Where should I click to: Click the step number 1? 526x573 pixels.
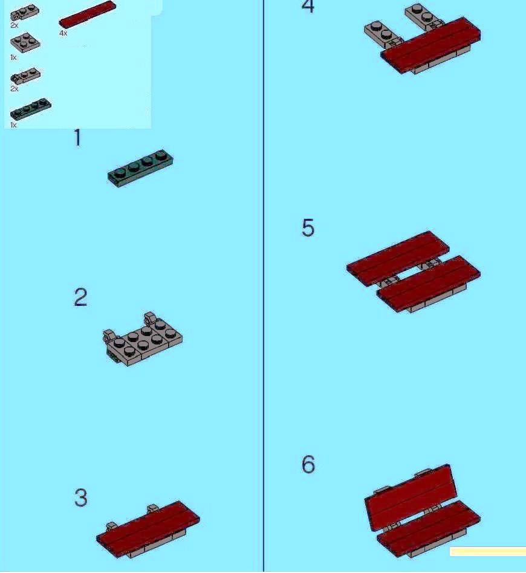click(x=77, y=138)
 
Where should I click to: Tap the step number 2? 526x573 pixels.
click(x=80, y=297)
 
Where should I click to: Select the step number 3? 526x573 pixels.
click(x=81, y=497)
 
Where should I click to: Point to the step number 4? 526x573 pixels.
click(x=308, y=6)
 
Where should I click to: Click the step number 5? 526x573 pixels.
click(x=308, y=228)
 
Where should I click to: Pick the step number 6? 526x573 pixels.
click(x=308, y=464)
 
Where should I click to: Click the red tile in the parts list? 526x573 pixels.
click(x=88, y=15)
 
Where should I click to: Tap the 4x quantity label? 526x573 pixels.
click(x=63, y=33)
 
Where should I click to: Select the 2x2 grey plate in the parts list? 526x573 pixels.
click(x=25, y=43)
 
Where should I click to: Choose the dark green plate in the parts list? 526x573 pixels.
click(x=31, y=109)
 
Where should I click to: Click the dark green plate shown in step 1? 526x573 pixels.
click(x=140, y=169)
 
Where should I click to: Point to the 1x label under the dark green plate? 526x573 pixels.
click(x=13, y=125)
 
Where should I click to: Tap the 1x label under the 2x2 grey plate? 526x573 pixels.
click(x=13, y=57)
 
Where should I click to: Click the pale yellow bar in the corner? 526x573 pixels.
click(x=488, y=552)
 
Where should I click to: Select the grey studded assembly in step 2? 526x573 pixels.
click(x=143, y=339)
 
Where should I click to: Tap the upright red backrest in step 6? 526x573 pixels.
click(x=411, y=497)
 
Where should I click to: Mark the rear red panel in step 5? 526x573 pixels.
click(x=398, y=258)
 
